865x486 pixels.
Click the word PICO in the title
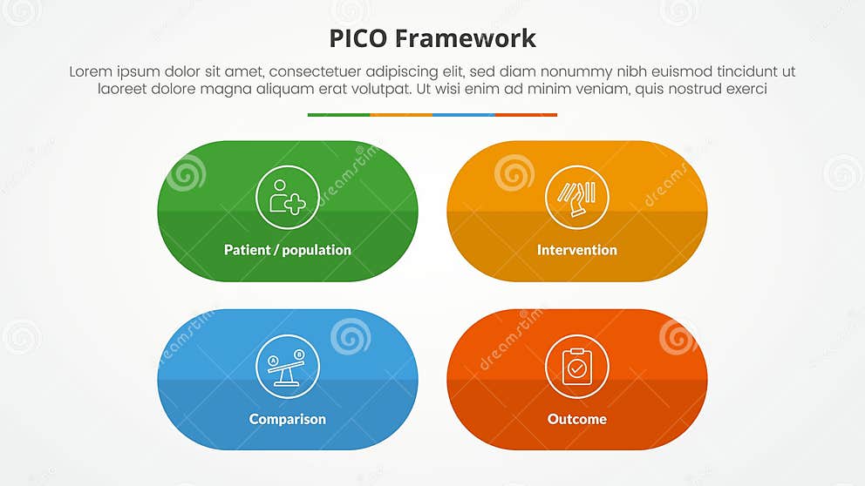(x=358, y=38)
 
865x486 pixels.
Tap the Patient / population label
(x=288, y=250)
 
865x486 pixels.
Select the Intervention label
(x=576, y=250)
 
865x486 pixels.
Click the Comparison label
(x=288, y=419)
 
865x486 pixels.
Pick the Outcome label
(x=576, y=419)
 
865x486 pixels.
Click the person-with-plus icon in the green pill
(x=288, y=198)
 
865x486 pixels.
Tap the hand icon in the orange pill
(x=576, y=198)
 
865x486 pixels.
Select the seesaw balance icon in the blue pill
(x=288, y=367)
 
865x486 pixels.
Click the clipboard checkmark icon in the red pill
(x=576, y=367)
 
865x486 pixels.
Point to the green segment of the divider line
(x=338, y=115)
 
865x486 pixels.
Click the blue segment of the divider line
(x=463, y=115)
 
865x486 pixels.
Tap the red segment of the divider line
(x=526, y=115)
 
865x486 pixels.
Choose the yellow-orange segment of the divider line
(x=401, y=115)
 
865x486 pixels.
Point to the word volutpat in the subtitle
(x=381, y=89)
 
